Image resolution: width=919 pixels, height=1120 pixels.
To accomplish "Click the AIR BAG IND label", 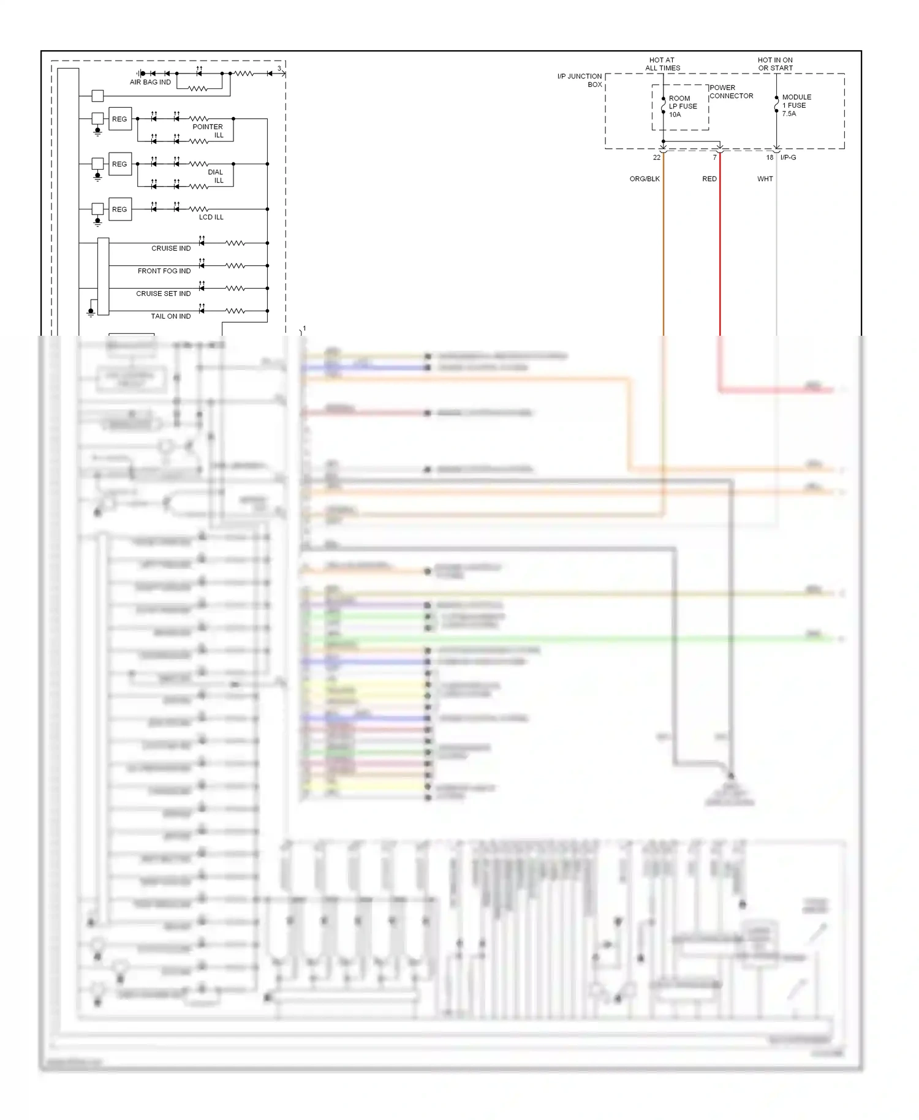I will coord(150,82).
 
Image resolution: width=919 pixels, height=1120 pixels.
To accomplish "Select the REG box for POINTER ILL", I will coord(120,119).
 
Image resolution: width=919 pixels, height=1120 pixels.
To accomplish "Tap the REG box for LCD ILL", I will coord(120,210).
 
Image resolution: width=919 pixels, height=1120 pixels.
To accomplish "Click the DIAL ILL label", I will coord(216,176).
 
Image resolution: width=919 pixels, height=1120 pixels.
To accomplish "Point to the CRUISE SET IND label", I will coord(163,293).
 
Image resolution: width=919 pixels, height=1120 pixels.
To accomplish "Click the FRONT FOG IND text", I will coord(164,271).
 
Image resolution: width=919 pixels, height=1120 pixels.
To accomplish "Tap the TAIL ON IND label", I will coord(170,316).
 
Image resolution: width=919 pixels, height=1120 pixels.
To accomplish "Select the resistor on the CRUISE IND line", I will coord(235,243).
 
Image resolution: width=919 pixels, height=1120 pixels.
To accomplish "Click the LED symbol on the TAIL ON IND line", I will coord(202,311).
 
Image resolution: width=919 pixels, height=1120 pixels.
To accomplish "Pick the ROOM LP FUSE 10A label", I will coord(683,106).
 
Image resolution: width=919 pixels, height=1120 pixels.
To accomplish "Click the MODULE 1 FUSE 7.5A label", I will coord(796,105).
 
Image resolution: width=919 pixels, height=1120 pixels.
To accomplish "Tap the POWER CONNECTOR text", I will coord(731,92).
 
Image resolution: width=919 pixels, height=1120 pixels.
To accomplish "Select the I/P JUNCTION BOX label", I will coord(580,80).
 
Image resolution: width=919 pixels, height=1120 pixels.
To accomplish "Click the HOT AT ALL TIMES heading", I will coord(662,64).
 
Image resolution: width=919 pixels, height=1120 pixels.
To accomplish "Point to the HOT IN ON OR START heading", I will coord(775,64).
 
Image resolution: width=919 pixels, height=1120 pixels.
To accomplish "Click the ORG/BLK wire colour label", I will coord(645,179).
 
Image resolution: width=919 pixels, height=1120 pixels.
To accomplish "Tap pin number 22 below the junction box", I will coord(657,157).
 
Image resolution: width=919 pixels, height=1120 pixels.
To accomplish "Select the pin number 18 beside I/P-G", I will coord(770,157).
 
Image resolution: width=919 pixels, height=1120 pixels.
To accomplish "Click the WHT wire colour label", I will coord(765,179).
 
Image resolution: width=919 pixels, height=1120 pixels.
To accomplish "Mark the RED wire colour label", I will coord(709,179).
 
